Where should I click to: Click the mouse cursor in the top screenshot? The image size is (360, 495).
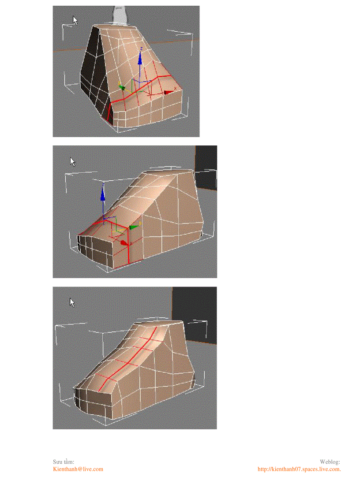coord(75,20)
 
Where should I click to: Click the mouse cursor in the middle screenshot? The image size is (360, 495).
coord(73,162)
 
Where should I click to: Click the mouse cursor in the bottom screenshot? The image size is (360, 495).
coord(72,302)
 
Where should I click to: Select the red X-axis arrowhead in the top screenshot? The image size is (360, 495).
coord(168,92)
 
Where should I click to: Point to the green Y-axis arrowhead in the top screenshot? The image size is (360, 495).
coord(122,87)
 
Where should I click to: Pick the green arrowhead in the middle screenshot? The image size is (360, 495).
coord(134,227)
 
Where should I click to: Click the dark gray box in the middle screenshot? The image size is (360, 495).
coord(206,167)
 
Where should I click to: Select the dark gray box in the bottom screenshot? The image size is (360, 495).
coord(195,314)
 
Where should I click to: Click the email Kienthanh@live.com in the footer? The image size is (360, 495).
coord(78,469)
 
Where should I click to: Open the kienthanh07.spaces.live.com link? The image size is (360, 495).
coord(299,469)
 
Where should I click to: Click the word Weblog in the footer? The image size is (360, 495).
coord(330,462)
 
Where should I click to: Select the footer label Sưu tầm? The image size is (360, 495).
coord(64,462)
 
